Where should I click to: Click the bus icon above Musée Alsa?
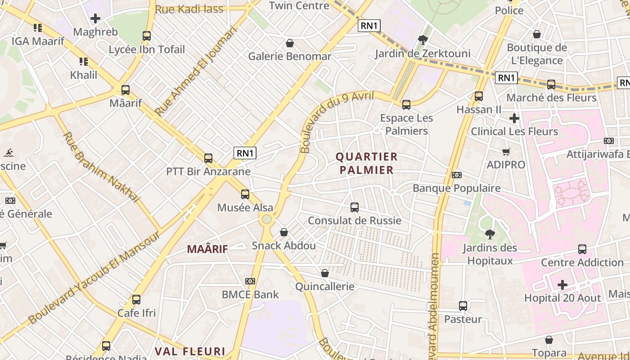pyautogui.click(x=245, y=194)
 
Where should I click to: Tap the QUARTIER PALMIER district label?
pyautogui.click(x=367, y=163)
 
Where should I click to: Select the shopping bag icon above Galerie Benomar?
pyautogui.click(x=290, y=43)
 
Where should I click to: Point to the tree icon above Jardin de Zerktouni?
pyautogui.click(x=423, y=40)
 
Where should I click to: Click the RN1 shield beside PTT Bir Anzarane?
pyautogui.click(x=245, y=153)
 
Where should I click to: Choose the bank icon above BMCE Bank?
pyautogui.click(x=250, y=281)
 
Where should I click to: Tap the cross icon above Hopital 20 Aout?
pyautogui.click(x=562, y=285)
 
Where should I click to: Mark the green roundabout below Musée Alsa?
pyautogui.click(x=267, y=219)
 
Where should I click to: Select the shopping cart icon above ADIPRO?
pyautogui.click(x=506, y=152)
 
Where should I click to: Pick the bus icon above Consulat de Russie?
pyautogui.click(x=355, y=207)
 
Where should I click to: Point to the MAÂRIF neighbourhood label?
pyautogui.click(x=207, y=249)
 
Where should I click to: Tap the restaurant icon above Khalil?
pyautogui.click(x=83, y=61)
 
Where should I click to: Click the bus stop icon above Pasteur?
pyautogui.click(x=463, y=306)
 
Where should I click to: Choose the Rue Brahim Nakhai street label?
pyautogui.click(x=101, y=167)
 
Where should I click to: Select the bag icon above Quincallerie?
pyautogui.click(x=325, y=273)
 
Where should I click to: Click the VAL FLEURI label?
pyautogui.click(x=190, y=351)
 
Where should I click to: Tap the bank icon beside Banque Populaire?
pyautogui.click(x=456, y=175)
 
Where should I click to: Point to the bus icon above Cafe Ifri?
pyautogui.click(x=136, y=299)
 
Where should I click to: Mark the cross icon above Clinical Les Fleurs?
pyautogui.click(x=514, y=118)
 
